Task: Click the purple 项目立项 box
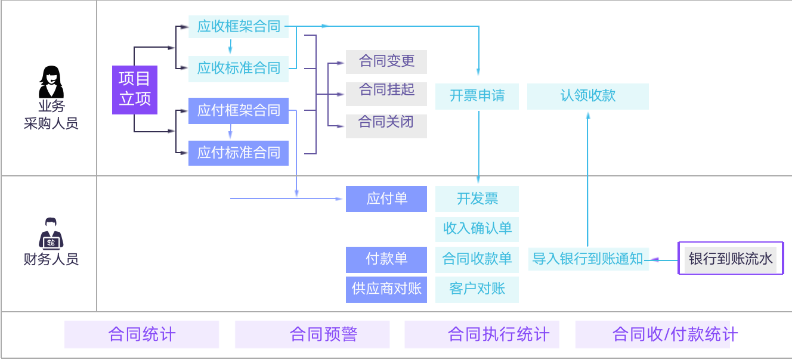coord(135,89)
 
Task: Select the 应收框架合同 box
coord(239,26)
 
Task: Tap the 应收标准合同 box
coord(239,68)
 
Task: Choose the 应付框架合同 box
coord(239,111)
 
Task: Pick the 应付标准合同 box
coord(239,153)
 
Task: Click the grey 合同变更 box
coord(386,61)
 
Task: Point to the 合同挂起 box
coord(386,91)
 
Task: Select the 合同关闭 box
coord(386,123)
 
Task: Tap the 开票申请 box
coord(477,96)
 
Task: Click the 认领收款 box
coord(588,96)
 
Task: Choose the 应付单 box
coord(386,199)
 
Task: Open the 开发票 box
coord(477,199)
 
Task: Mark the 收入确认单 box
coord(477,228)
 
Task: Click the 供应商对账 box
coord(386,289)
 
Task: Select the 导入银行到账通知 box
coord(588,259)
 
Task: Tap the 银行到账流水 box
coord(731,259)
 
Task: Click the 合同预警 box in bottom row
coord(312,334)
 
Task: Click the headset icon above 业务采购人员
coord(51,82)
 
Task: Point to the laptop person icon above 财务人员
coord(51,233)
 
